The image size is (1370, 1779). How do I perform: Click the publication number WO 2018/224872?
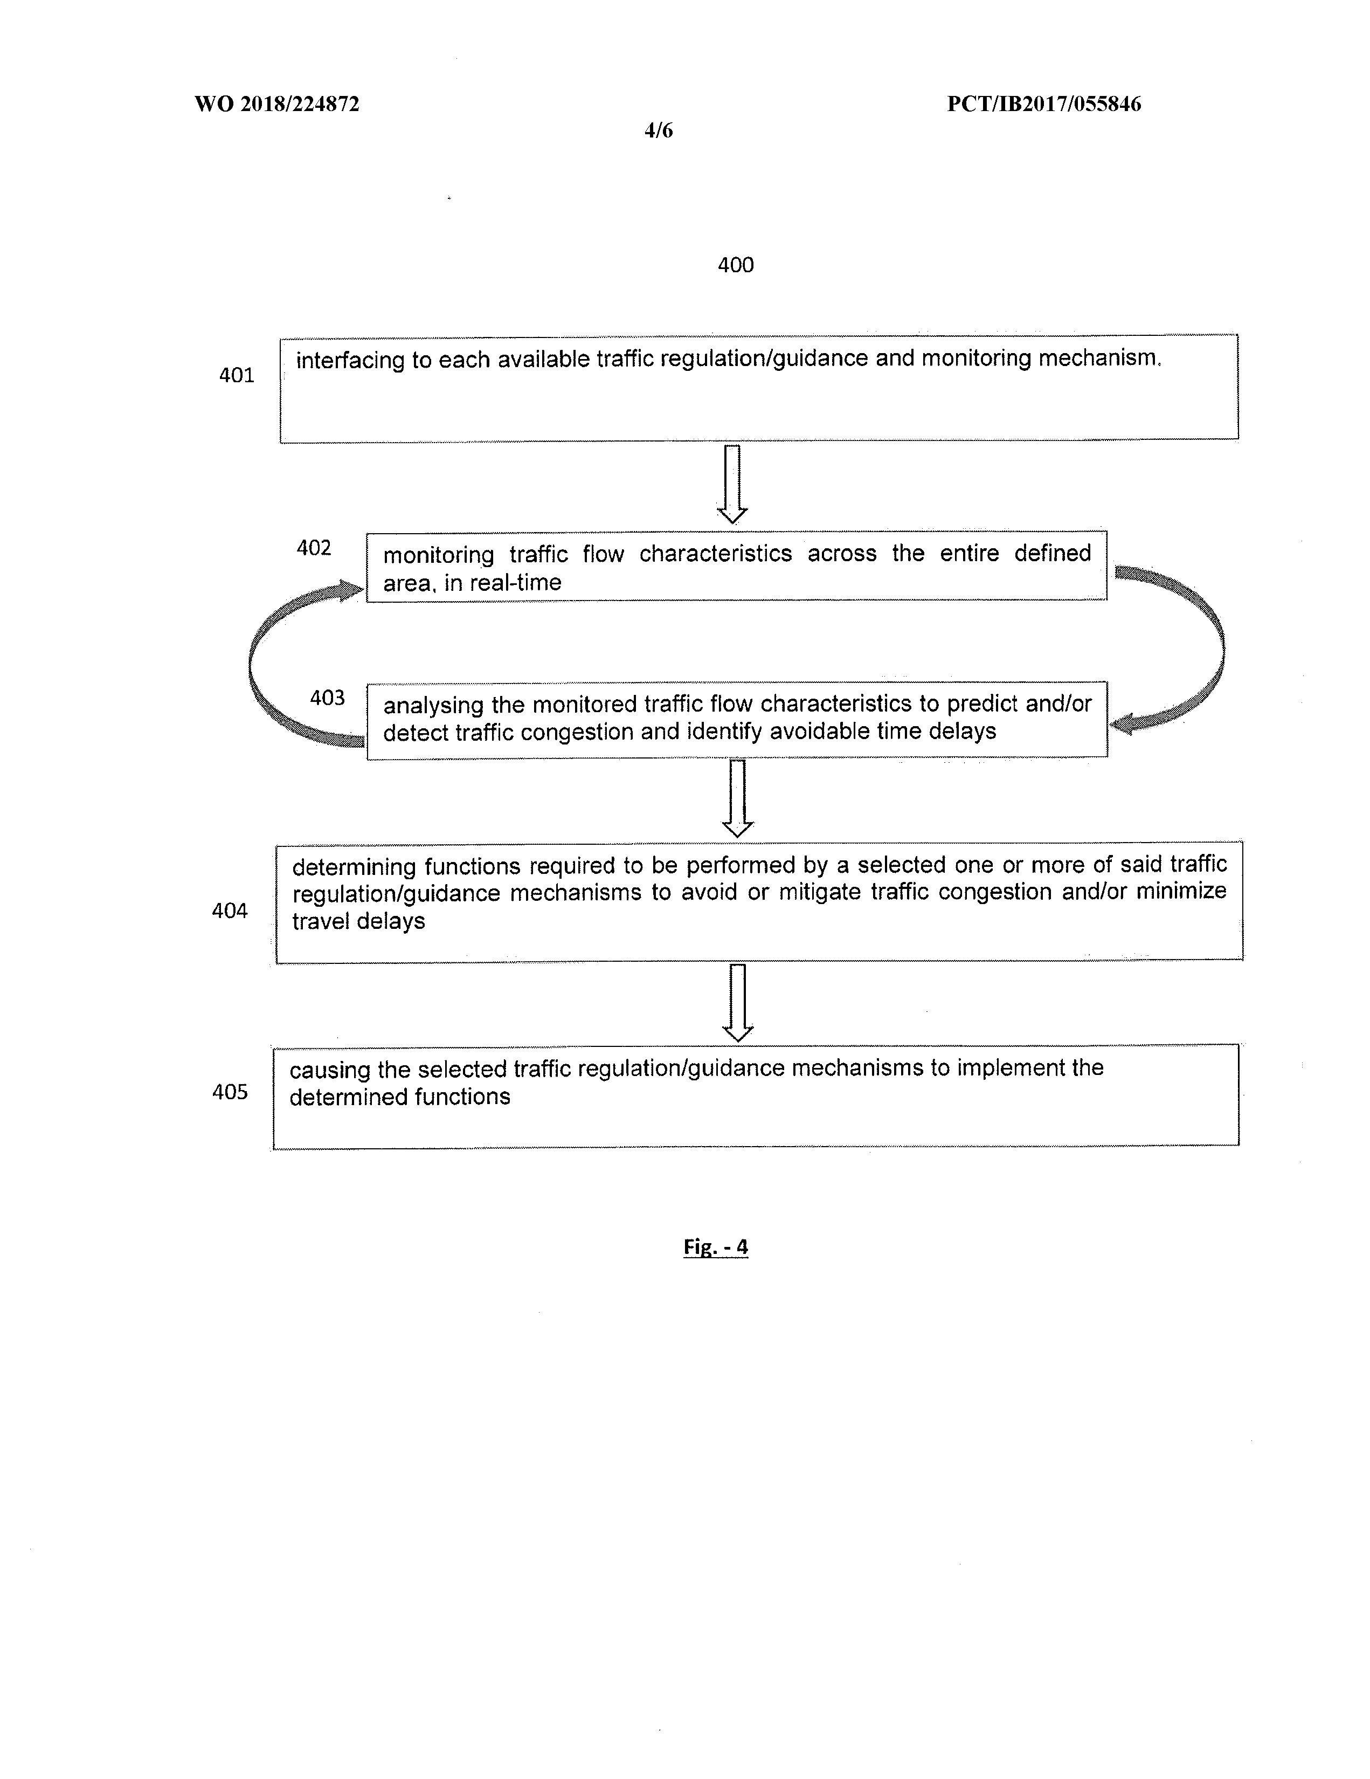pyautogui.click(x=277, y=104)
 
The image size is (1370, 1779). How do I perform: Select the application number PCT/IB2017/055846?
pyautogui.click(x=1043, y=104)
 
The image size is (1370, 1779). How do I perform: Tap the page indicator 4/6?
pyautogui.click(x=658, y=130)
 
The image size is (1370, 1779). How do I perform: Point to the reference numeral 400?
pyautogui.click(x=735, y=265)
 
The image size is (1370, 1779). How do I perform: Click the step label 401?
pyautogui.click(x=236, y=376)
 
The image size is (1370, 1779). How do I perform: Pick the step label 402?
pyautogui.click(x=314, y=548)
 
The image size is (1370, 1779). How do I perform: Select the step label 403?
pyautogui.click(x=327, y=698)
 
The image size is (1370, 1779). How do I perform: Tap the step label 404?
pyautogui.click(x=230, y=911)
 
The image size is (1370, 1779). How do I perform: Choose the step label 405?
pyautogui.click(x=230, y=1092)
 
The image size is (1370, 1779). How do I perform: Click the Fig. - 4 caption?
pyautogui.click(x=715, y=1247)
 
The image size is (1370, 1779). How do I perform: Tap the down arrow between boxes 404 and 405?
pyautogui.click(x=738, y=1003)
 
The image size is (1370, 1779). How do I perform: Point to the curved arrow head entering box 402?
pyautogui.click(x=352, y=590)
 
